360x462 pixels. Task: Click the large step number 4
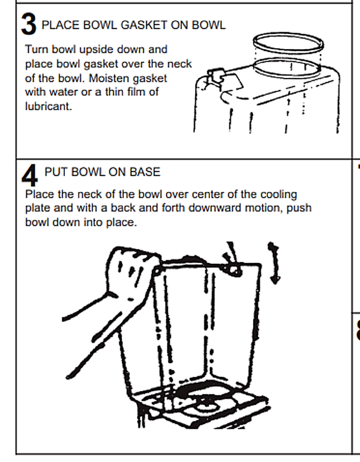tap(29, 175)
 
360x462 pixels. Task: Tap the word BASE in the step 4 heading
tap(145, 172)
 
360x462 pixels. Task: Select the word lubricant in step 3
tap(48, 106)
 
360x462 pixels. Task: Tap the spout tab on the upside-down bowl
tap(215, 76)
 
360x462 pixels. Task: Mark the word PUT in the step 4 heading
tap(56, 172)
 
